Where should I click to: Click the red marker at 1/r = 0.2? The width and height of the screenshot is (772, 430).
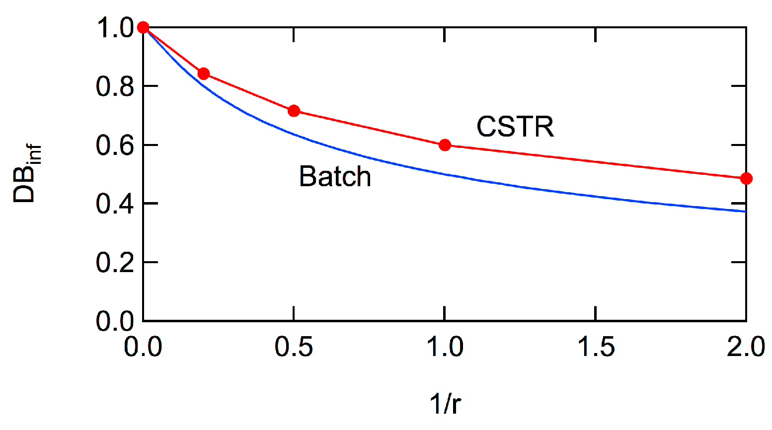pos(203,73)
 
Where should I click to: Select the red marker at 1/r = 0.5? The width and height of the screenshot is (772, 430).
pos(294,110)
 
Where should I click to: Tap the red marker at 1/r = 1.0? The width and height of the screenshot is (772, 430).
pos(445,145)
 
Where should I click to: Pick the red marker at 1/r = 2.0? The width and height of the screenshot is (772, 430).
pos(746,178)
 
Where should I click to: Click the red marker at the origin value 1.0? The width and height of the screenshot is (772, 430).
pos(143,27)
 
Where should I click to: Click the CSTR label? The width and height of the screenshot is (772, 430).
pos(515,127)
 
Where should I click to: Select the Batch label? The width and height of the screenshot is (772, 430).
pos(335,176)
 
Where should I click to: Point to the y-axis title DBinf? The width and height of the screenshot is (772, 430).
pos(26,174)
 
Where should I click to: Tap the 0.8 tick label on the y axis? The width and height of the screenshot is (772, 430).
pos(115,86)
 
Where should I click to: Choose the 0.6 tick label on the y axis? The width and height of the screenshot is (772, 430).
pos(115,145)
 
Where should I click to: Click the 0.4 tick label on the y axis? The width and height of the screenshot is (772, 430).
pos(115,204)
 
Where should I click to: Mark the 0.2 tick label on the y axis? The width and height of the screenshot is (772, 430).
pos(115,262)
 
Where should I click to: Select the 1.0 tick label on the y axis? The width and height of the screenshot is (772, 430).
pos(115,28)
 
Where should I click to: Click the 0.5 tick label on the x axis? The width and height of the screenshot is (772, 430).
pos(294,347)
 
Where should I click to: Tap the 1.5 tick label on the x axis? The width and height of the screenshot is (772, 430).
pos(595,347)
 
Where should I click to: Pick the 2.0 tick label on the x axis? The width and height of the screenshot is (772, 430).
pos(745,347)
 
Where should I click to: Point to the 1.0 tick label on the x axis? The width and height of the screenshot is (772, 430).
pos(445,347)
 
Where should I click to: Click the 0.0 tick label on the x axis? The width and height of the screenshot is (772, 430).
pos(143,347)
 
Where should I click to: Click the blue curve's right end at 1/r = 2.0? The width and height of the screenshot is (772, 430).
pos(745,211)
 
